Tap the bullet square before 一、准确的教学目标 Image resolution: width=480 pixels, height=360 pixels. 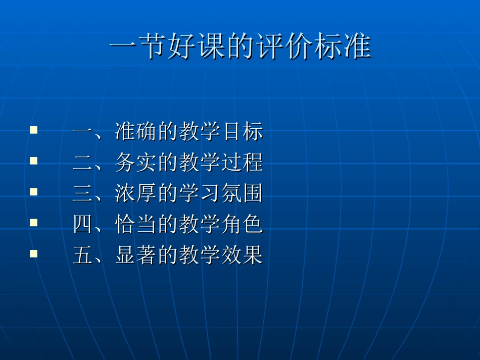34,130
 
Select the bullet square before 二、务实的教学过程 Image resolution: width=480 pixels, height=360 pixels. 34,161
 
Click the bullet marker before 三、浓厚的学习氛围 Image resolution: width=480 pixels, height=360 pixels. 34,192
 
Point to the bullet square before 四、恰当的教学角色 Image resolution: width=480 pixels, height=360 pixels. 34,222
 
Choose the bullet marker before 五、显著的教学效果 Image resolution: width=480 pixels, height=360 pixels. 34,253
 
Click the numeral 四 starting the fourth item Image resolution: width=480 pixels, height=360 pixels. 82,224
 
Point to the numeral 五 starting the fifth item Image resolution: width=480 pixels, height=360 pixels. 82,255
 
